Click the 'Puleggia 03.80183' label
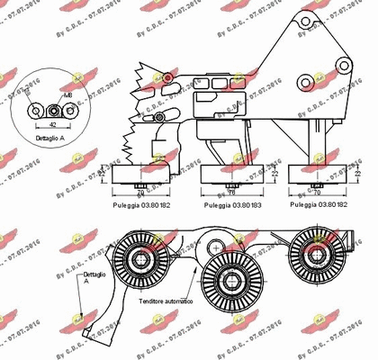(230, 205)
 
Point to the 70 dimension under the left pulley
(140, 192)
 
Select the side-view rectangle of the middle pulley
(229, 174)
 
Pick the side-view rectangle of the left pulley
(139, 174)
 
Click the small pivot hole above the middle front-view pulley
(214, 242)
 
